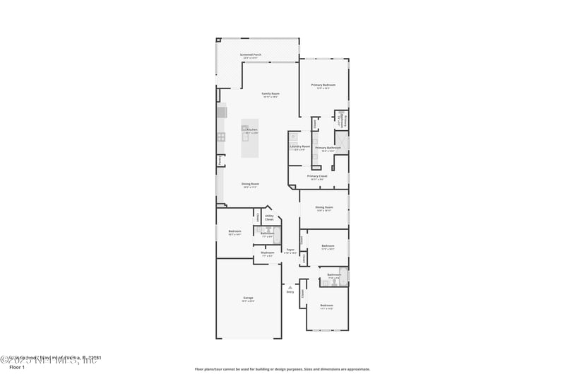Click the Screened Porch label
[x=251, y=54]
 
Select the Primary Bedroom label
[x=323, y=85]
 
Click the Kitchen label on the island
[x=251, y=129]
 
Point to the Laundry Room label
[x=300, y=146]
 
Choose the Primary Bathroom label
[x=328, y=148]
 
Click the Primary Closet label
[x=317, y=176]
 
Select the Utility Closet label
[x=269, y=217]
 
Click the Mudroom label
[x=267, y=253]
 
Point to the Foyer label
[x=290, y=250]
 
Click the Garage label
[x=249, y=298]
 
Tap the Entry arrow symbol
[x=290, y=286]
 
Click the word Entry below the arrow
[x=290, y=291]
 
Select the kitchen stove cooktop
[x=221, y=137]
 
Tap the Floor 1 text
[x=16, y=368]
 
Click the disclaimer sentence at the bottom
[x=282, y=369]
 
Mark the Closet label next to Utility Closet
[x=259, y=217]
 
